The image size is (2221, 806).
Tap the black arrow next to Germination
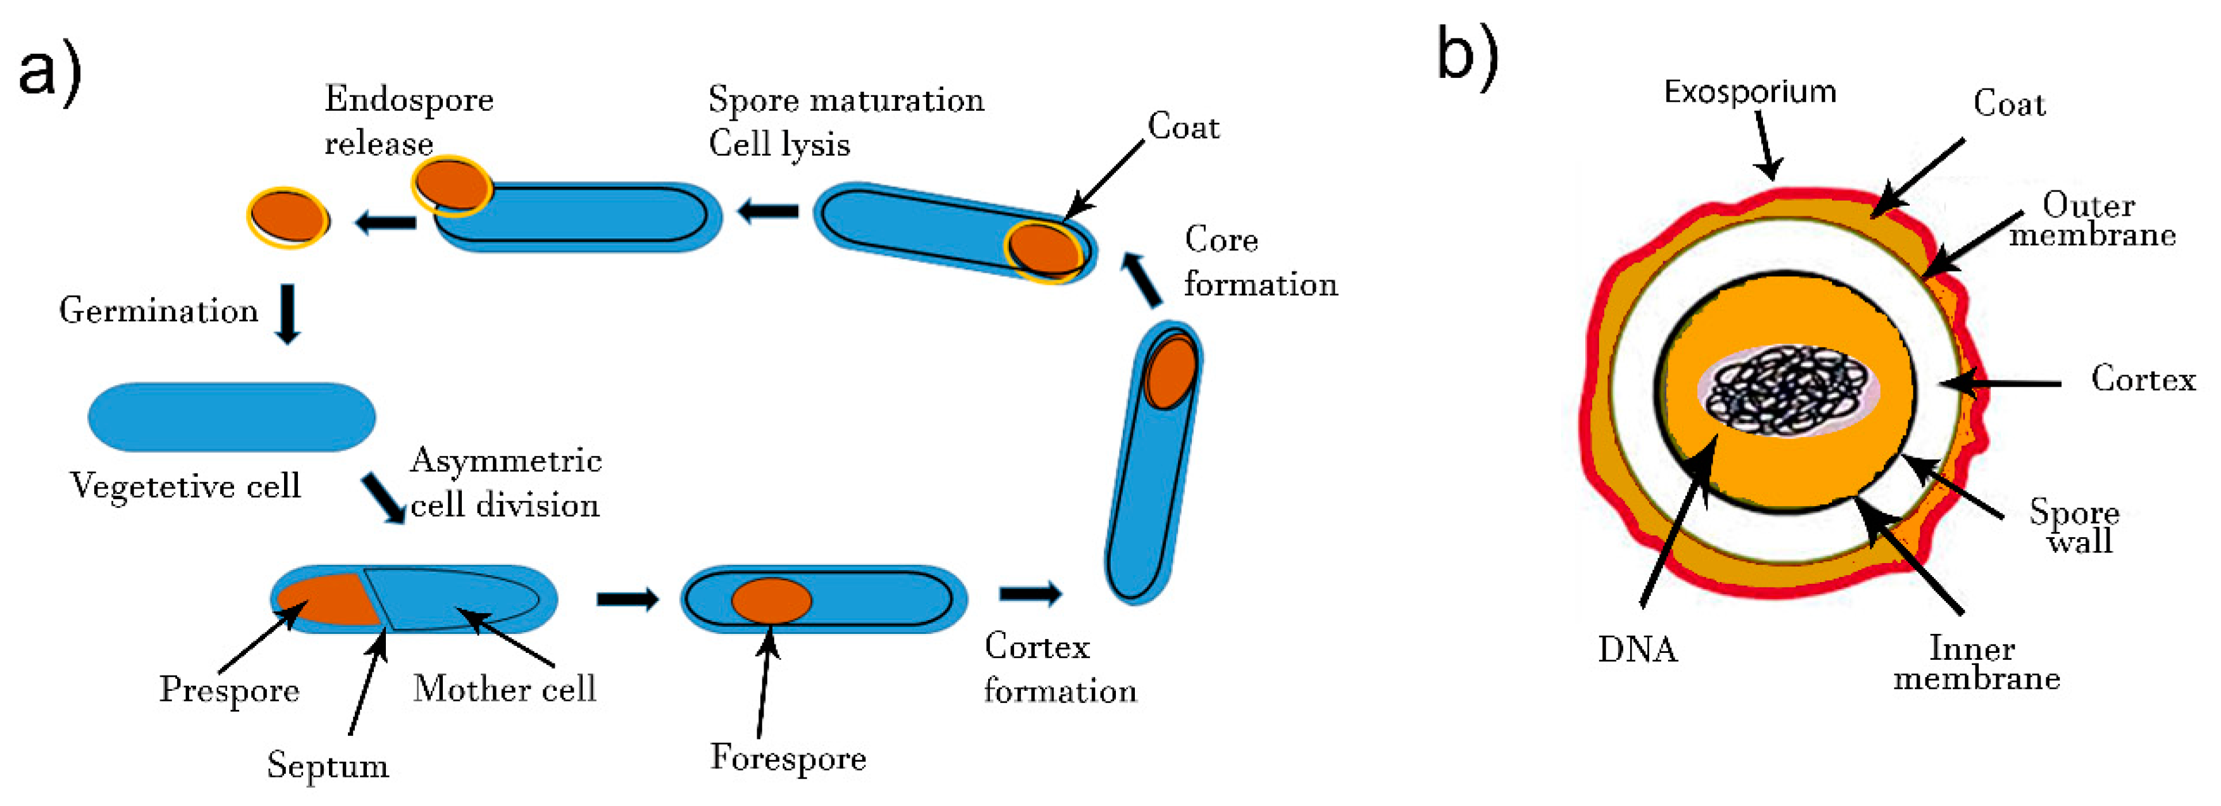tap(288, 314)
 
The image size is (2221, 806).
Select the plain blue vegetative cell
tap(231, 416)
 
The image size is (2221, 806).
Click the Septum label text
tap(328, 766)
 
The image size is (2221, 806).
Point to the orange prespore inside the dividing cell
tap(326, 599)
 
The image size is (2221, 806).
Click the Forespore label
tap(788, 758)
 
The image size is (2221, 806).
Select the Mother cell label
tap(504, 689)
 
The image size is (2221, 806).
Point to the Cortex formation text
tap(1060, 669)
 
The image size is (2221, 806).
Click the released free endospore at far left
tap(288, 217)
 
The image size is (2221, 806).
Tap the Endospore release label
tap(409, 121)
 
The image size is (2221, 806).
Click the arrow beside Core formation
tap(1141, 279)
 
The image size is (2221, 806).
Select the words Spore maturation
tap(846, 100)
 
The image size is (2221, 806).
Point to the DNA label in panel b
tap(1637, 649)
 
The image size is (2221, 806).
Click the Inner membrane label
tap(1976, 663)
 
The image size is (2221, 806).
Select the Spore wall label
tap(2074, 526)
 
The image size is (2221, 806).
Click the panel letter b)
tap(1468, 54)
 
